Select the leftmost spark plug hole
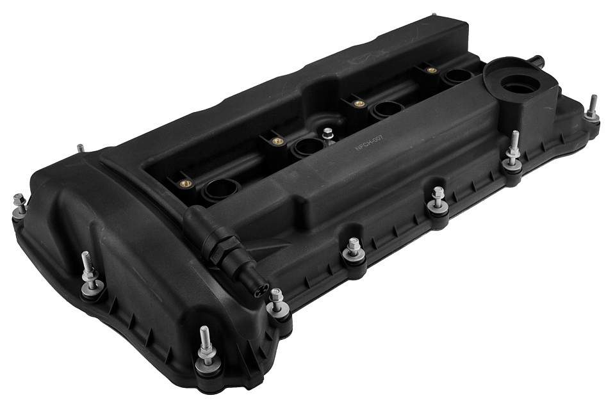click(x=220, y=189)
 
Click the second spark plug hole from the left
click(x=308, y=147)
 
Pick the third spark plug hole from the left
click(x=388, y=109)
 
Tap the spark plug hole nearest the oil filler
click(x=457, y=76)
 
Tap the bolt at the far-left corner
click(x=19, y=204)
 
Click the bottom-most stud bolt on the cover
click(x=207, y=353)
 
